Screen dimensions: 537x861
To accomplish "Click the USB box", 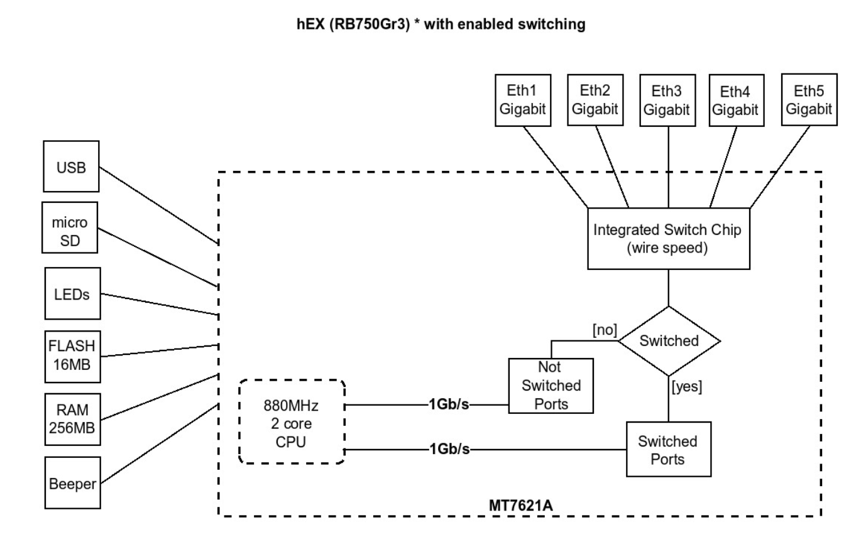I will tap(71, 166).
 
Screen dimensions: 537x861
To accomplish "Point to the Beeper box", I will tap(73, 482).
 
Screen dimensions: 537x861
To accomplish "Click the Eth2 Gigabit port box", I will tap(594, 100).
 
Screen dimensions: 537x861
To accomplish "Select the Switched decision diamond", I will tap(669, 340).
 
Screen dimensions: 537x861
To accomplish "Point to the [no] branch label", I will tap(605, 329).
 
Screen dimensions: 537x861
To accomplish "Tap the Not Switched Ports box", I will tap(551, 385).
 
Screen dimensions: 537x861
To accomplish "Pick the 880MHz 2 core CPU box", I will tap(292, 421).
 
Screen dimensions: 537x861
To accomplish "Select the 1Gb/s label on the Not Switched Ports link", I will tap(449, 405).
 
